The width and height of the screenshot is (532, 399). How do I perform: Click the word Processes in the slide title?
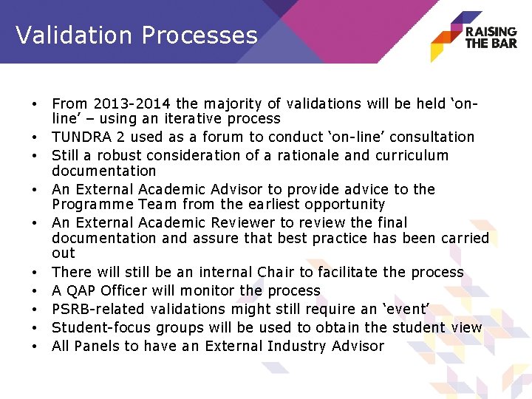[200, 35]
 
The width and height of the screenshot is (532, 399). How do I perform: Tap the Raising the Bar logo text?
[491, 37]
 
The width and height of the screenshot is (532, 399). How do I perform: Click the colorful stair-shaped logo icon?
[446, 37]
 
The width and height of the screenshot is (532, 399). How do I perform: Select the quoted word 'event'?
[402, 309]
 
